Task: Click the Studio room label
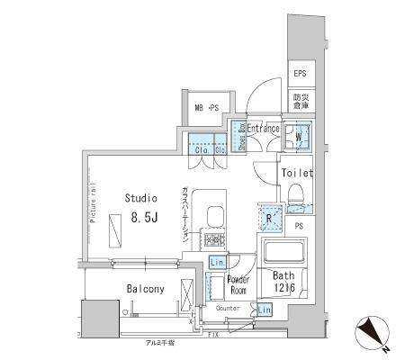pyautogui.click(x=140, y=198)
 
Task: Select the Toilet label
pyautogui.click(x=296, y=172)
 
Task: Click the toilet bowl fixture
pyautogui.click(x=295, y=193)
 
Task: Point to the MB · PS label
pyautogui.click(x=206, y=109)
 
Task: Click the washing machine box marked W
pyautogui.click(x=298, y=138)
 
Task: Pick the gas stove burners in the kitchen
pyautogui.click(x=217, y=240)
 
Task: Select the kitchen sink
pyautogui.click(x=217, y=217)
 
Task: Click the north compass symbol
pyautogui.click(x=376, y=333)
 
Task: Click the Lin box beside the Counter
pyautogui.click(x=263, y=310)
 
